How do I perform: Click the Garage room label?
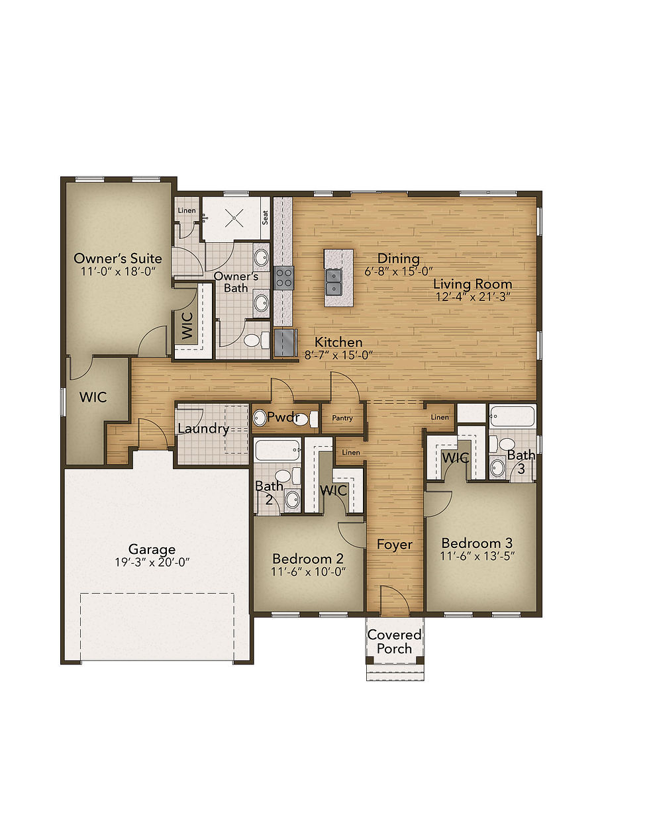[152, 549]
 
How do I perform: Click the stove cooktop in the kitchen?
[284, 277]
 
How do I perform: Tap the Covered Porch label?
[394, 642]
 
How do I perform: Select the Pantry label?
[342, 418]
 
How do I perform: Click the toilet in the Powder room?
[313, 418]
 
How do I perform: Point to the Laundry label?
[203, 429]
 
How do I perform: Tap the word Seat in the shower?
[265, 217]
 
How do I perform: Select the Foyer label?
[395, 545]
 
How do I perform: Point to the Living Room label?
[472, 284]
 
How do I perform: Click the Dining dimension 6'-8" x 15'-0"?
[399, 271]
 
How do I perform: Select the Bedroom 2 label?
[307, 557]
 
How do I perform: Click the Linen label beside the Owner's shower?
[186, 210]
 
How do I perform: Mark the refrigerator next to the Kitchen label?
[285, 343]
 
